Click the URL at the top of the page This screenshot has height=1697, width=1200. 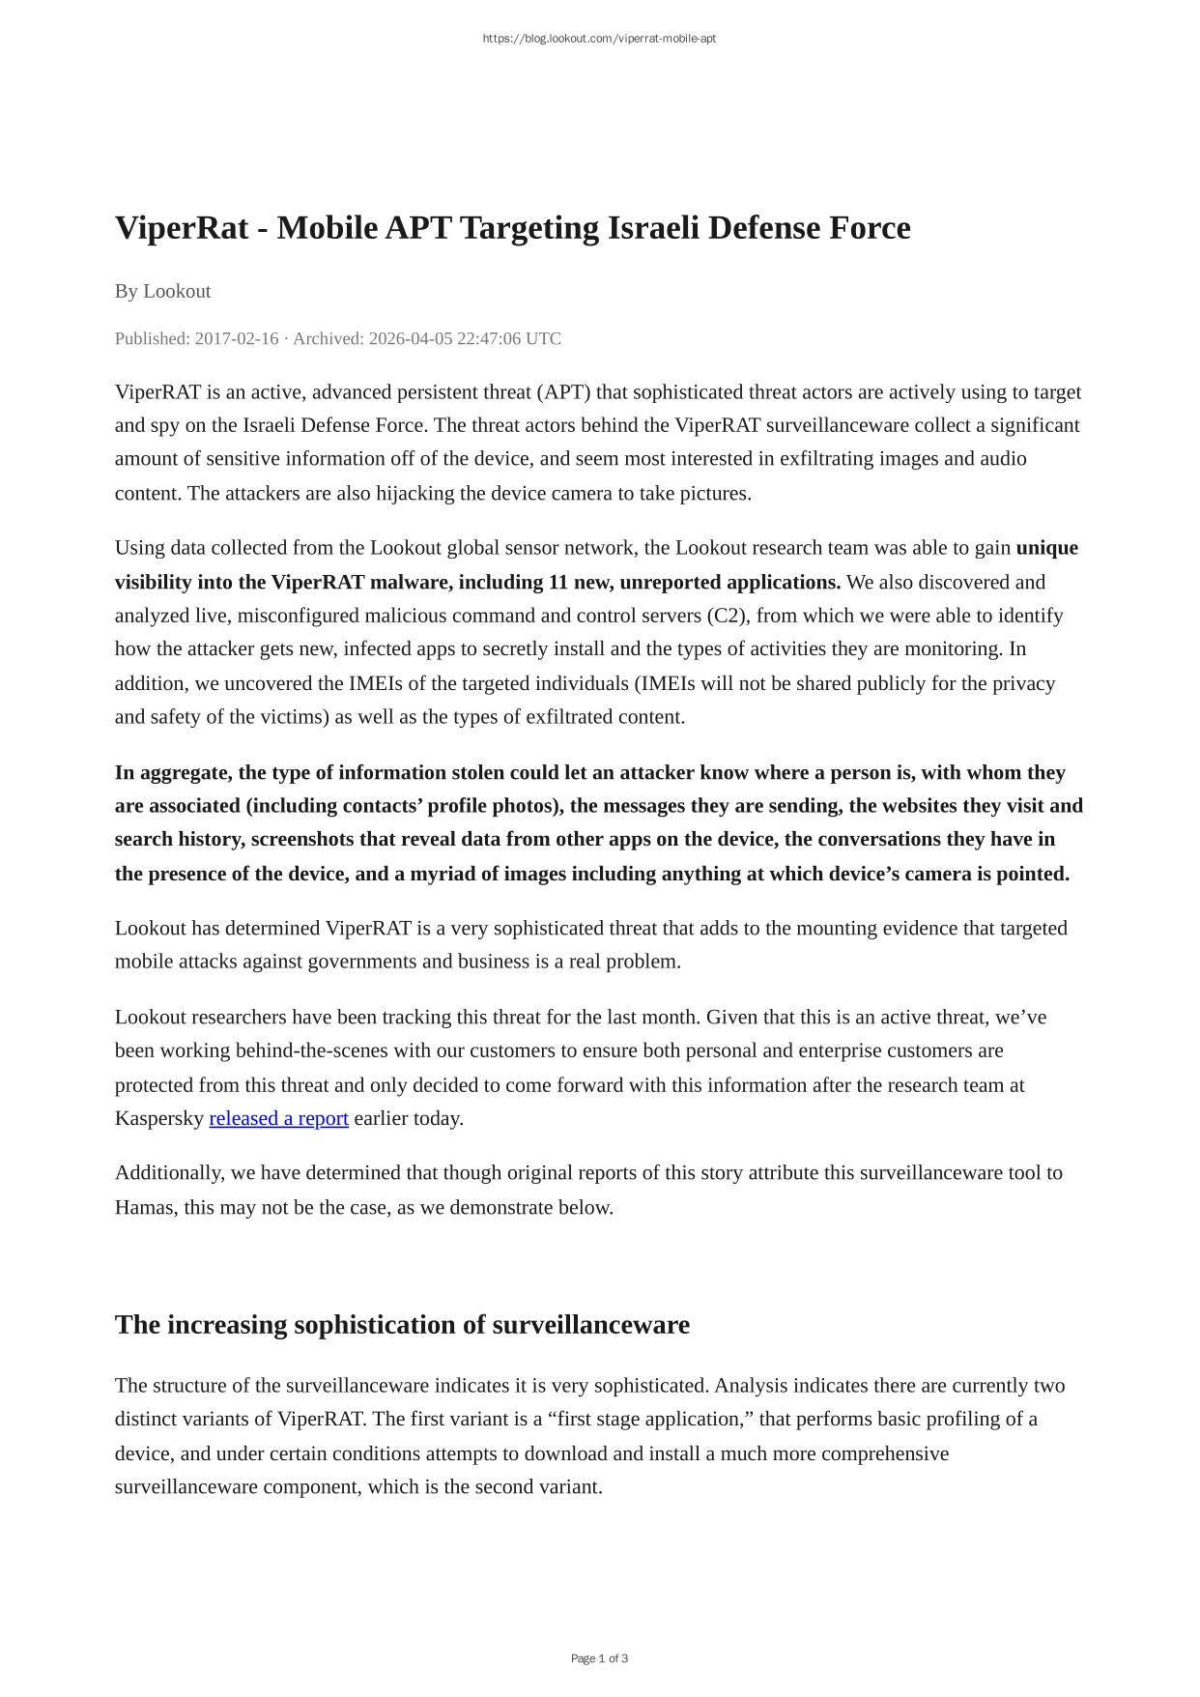coord(599,39)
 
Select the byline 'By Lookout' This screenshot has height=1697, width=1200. coord(162,291)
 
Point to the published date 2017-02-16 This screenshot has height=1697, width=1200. coord(237,338)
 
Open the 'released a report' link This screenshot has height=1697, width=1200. coord(278,1118)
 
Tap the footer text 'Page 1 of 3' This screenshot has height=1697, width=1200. coord(599,1658)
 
